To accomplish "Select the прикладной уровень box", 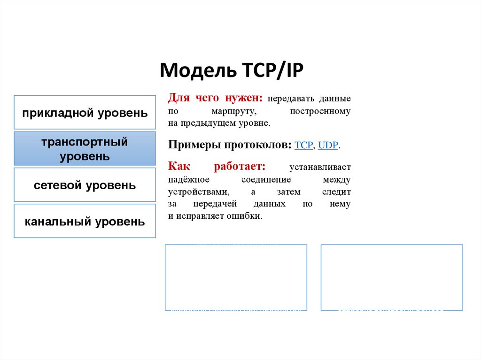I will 85,113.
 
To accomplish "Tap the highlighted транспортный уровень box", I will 85,149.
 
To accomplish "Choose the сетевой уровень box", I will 85,185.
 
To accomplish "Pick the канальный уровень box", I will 85,221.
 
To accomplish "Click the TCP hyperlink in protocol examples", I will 303,146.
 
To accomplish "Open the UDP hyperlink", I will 328,146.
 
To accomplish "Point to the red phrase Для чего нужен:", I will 216,99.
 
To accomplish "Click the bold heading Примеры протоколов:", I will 230,145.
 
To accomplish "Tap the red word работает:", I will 240,167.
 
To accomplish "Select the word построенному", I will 320,112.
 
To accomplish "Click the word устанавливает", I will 320,168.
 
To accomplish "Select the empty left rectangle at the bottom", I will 236,277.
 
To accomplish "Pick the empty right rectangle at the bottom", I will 392,277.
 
